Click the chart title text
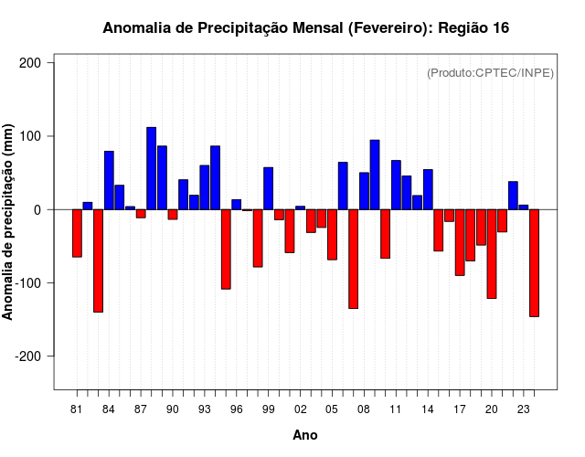tap(305, 28)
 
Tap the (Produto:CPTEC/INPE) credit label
tap(490, 73)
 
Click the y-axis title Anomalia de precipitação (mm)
tap(8, 222)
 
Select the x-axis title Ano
tap(305, 435)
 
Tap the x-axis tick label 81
tap(77, 409)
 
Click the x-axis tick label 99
tap(269, 409)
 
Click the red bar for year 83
tap(98, 260)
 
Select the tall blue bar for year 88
tap(152, 168)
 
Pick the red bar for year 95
tap(226, 249)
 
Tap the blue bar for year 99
tap(269, 188)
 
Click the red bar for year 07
tap(353, 259)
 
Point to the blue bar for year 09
tap(375, 175)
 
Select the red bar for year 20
tap(492, 254)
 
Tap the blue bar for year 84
tap(109, 180)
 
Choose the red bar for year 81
tap(77, 233)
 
